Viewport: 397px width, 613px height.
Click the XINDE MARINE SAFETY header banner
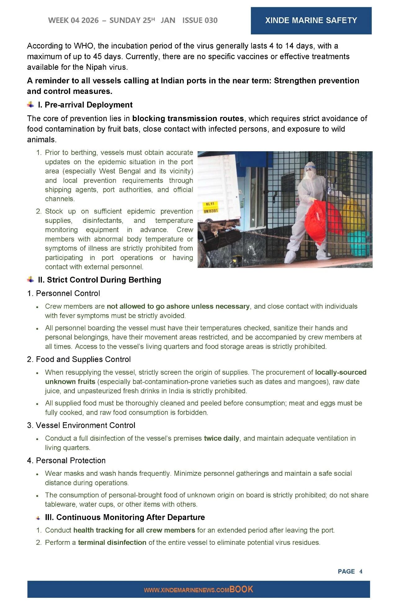pos(311,20)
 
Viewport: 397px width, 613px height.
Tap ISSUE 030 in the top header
pos(200,20)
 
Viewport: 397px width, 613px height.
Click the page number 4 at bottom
pos(361,571)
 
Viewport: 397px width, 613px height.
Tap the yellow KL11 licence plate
pos(210,204)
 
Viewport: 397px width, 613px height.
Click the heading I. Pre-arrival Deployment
pos(85,105)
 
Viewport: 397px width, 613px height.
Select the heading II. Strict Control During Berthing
pos(99,280)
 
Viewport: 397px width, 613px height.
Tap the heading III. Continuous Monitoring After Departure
pos(125,517)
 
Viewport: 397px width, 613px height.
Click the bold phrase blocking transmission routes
pos(188,118)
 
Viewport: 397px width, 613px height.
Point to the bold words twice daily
pos(221,438)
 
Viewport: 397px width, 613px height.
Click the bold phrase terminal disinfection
pos(112,542)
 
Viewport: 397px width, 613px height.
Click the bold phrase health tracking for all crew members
pos(134,530)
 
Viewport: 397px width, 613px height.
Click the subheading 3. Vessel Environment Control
pos(81,425)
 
